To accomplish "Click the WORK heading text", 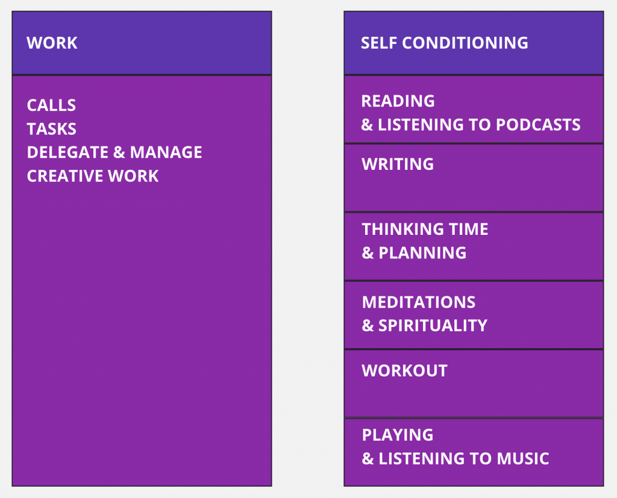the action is [x=52, y=43].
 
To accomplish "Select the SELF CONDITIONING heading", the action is [x=444, y=43].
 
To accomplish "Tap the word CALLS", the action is [x=51, y=105].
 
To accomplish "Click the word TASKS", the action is [x=52, y=129].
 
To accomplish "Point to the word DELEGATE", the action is [x=68, y=152].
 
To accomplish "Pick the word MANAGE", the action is [x=166, y=152].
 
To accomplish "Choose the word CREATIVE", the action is [x=65, y=176].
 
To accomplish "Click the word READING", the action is [x=398, y=101].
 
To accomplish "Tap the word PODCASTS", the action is [x=538, y=125].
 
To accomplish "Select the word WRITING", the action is [x=398, y=164].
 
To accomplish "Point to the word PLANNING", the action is [x=422, y=252].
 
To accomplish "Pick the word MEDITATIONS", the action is [x=419, y=302].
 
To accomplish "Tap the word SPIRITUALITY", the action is [x=433, y=326].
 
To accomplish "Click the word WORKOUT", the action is [x=404, y=370].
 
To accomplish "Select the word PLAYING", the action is [x=398, y=435].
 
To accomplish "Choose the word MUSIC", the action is [x=522, y=459].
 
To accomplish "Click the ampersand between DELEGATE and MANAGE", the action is [x=119, y=152].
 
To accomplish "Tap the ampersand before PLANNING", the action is [x=368, y=252].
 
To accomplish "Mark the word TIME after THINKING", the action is [x=468, y=229].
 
